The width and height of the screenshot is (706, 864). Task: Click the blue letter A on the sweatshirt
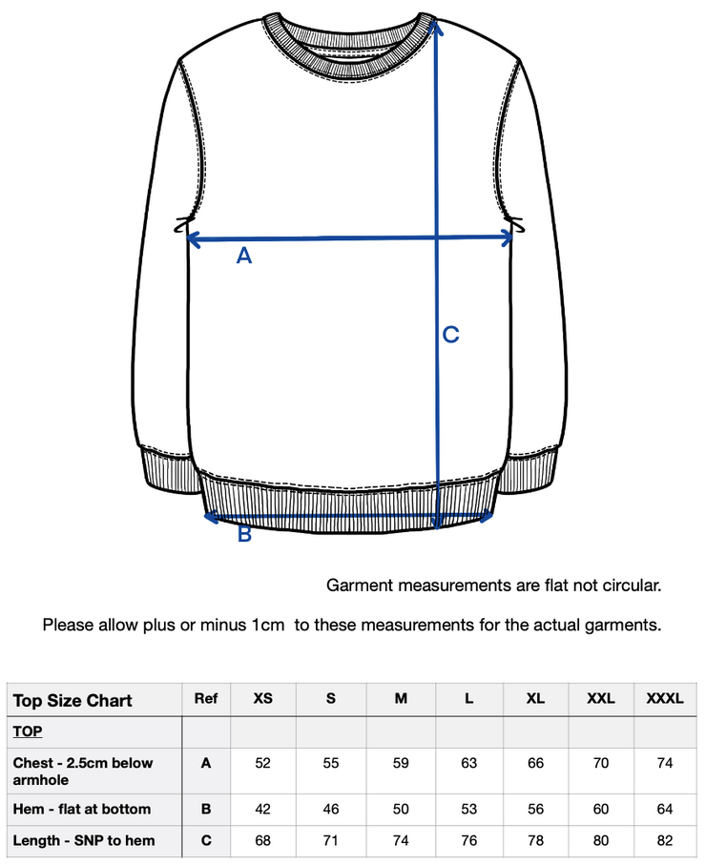tap(244, 256)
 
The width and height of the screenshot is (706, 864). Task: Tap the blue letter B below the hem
tap(244, 534)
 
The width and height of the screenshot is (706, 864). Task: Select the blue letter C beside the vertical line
tap(450, 335)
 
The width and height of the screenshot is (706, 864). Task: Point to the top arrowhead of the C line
tap(437, 26)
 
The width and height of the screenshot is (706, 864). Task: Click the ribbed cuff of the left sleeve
tap(169, 473)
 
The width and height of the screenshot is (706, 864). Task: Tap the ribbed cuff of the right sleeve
tap(533, 473)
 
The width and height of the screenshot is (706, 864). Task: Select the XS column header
tap(263, 699)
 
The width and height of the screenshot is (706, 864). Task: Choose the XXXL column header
tap(665, 699)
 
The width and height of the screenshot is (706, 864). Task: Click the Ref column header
tap(206, 699)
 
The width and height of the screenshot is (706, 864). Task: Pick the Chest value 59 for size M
tap(401, 763)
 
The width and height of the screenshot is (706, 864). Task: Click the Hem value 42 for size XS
tap(263, 809)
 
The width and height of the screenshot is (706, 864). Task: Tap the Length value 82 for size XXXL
tap(665, 840)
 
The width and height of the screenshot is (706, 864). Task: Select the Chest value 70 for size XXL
tap(600, 763)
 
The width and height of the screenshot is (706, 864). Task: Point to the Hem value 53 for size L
tap(468, 809)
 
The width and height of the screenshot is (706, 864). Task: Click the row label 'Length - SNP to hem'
tap(84, 840)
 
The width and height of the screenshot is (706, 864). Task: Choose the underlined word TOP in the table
tap(27, 731)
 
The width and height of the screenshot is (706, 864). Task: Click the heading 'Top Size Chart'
tap(73, 701)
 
